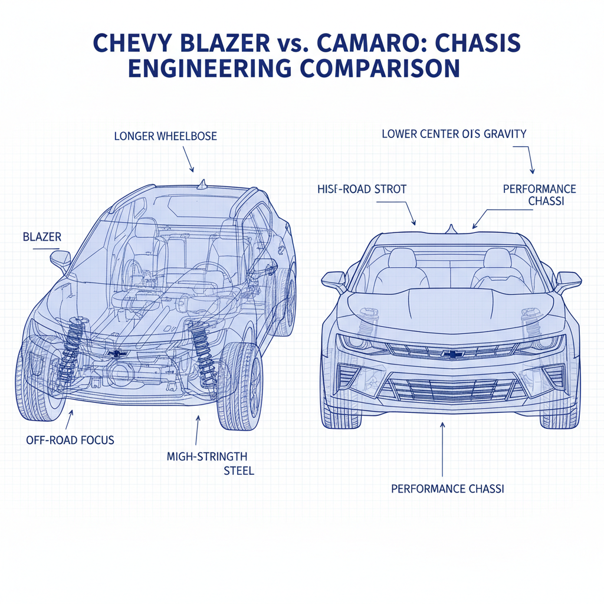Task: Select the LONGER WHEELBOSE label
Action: click(165, 136)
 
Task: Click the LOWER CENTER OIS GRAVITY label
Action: click(454, 133)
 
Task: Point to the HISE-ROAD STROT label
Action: click(362, 189)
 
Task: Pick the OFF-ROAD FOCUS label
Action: click(70, 439)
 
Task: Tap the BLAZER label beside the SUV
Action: click(42, 238)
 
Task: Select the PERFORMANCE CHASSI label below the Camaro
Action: click(449, 489)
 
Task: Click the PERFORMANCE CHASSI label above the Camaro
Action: click(539, 195)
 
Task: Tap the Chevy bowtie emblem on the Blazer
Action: click(118, 353)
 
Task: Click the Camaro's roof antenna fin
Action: click(452, 228)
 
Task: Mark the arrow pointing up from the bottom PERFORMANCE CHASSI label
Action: click(442, 448)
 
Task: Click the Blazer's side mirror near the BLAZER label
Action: click(61, 259)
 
